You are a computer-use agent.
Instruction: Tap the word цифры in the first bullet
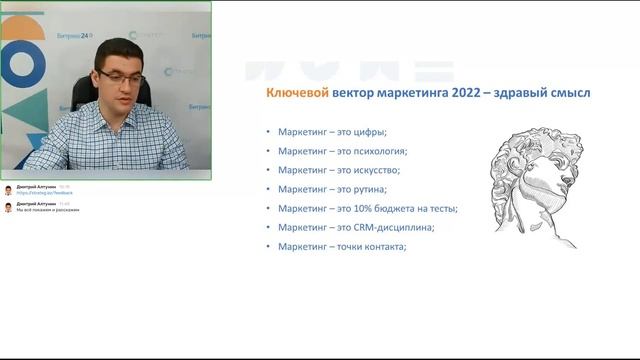click(367, 132)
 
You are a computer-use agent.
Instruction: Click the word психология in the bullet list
click(380, 151)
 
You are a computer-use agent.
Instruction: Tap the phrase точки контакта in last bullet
click(374, 246)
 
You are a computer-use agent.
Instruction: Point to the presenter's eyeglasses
click(122, 75)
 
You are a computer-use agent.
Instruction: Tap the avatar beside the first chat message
click(8, 189)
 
